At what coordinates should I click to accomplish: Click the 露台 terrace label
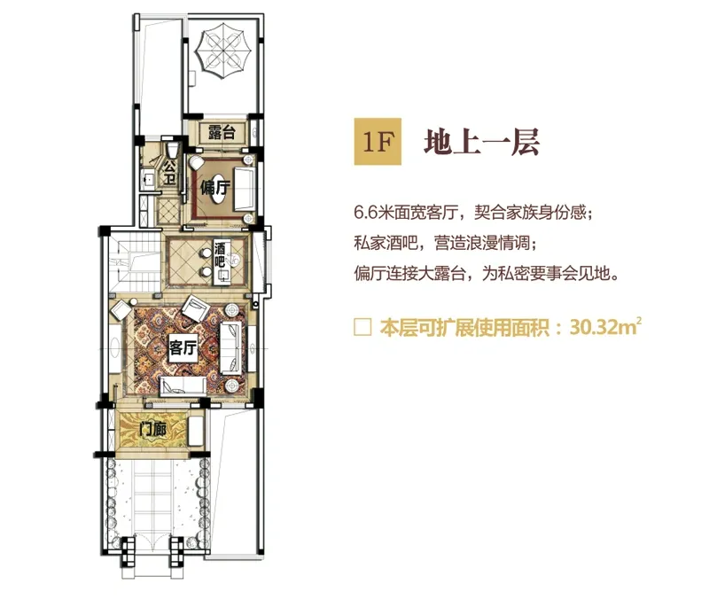[222, 133]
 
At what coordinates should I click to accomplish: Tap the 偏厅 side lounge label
[214, 186]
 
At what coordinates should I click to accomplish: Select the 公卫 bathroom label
[169, 173]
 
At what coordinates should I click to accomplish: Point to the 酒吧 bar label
[219, 254]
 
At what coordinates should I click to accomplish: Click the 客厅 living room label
[183, 347]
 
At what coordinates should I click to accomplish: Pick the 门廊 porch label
[152, 429]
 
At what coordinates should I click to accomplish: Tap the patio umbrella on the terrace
[223, 51]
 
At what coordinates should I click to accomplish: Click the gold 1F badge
[378, 142]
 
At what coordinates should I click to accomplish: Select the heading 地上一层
[481, 142]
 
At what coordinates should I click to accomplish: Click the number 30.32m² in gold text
[606, 326]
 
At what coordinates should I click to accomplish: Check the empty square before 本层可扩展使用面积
[362, 327]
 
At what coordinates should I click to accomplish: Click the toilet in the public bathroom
[172, 149]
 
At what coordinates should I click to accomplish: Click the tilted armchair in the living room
[195, 308]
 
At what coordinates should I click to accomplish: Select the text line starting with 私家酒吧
[446, 243]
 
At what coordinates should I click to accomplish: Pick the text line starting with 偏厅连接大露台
[487, 274]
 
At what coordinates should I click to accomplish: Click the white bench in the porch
[195, 432]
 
